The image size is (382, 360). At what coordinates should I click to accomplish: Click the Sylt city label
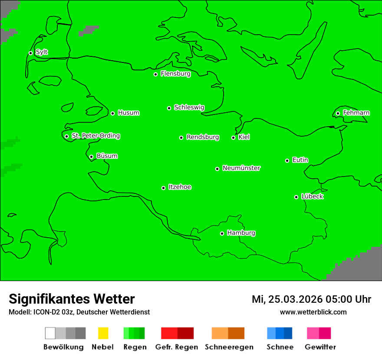pos(42,52)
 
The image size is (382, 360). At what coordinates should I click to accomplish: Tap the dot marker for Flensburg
pos(155,74)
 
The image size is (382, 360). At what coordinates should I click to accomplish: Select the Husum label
pos(128,113)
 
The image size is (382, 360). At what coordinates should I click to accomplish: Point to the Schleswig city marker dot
pos(169,108)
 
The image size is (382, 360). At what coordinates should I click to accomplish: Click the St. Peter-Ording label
pos(95,136)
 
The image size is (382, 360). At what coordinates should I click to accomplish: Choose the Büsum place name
pos(107,156)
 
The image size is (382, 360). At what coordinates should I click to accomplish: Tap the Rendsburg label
pos(203,137)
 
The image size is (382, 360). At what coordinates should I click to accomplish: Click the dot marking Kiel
pos(233,137)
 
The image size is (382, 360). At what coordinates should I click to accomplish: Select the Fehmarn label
pos(356,113)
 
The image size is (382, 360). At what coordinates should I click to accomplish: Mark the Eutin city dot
pos(287,160)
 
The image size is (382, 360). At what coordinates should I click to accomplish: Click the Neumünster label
pos(241,168)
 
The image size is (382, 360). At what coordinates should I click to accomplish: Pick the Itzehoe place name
pos(180,187)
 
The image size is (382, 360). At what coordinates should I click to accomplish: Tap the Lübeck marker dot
pos(296,197)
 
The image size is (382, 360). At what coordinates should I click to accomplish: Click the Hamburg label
pos(241,233)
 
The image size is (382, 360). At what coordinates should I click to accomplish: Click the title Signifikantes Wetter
pos(72,299)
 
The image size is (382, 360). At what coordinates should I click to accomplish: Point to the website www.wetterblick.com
pos(313,312)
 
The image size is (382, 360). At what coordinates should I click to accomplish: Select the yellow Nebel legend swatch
pos(103,333)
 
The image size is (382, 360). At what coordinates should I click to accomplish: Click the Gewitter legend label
pos(320,347)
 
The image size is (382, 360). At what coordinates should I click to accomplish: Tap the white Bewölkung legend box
pos(50,333)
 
